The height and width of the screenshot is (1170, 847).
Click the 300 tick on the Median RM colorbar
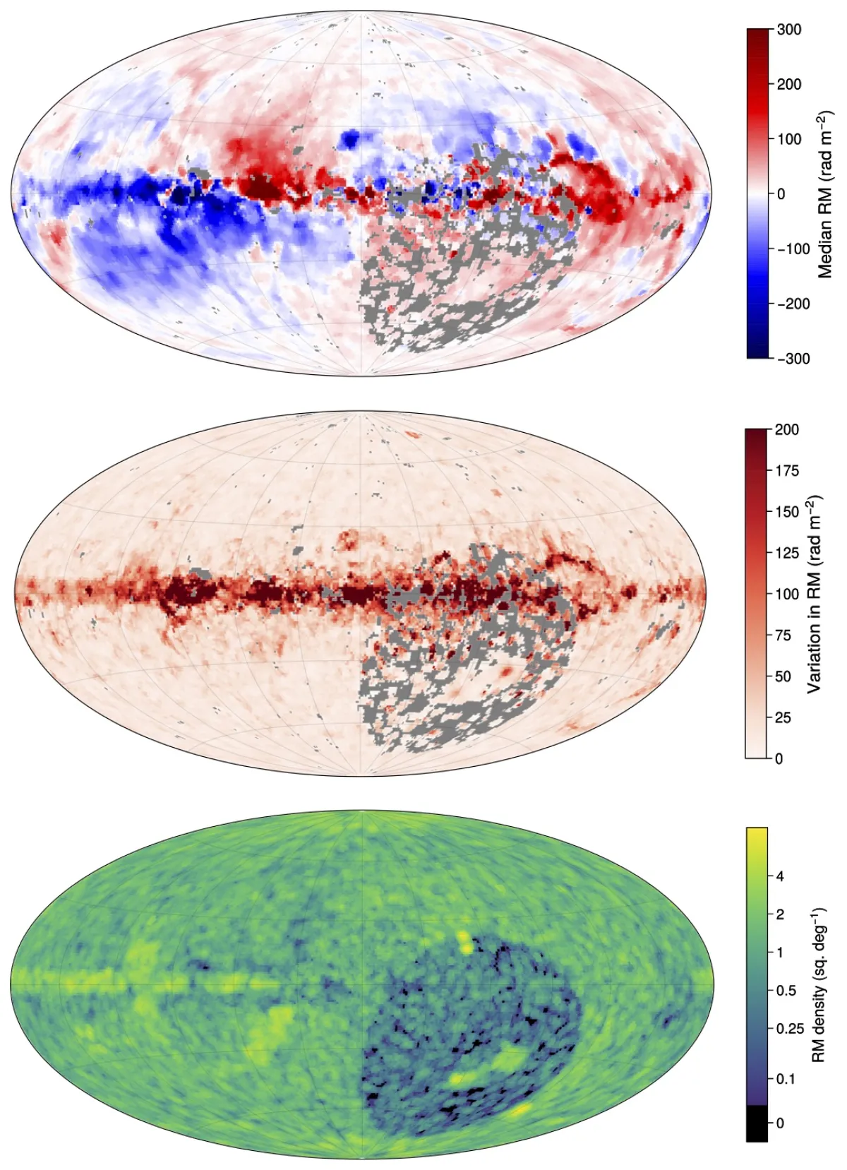click(788, 30)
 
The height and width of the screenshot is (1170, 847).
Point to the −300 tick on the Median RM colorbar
click(793, 358)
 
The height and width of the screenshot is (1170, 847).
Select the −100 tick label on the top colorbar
click(793, 249)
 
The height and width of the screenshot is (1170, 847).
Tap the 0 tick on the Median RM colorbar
click(780, 193)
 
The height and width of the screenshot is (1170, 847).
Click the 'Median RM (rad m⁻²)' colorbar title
click(825, 193)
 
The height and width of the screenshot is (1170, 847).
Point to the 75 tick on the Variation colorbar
click(783, 635)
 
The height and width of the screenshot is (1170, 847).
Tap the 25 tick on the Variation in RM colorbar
click(783, 717)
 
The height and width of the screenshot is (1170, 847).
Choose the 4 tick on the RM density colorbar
click(779, 876)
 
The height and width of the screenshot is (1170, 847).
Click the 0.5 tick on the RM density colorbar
click(786, 991)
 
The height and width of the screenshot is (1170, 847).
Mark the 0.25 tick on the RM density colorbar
click(789, 1029)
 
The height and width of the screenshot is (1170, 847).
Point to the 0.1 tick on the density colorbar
click(786, 1079)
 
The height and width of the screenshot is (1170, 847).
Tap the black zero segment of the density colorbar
click(757, 1123)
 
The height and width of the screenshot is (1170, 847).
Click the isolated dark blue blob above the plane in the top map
click(350, 138)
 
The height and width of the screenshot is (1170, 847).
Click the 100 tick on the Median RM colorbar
click(788, 139)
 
